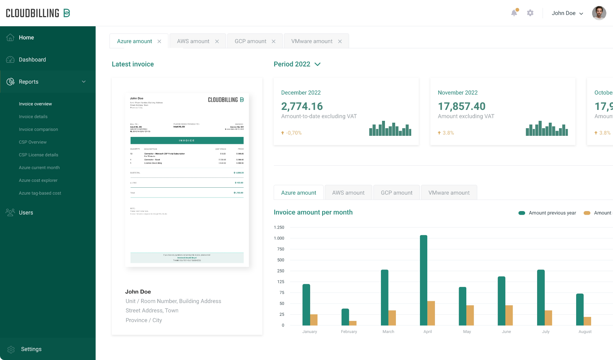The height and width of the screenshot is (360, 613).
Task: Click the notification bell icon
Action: coord(514,13)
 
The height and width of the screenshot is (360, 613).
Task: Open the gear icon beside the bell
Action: coord(530,13)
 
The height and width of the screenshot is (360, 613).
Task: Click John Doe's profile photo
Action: coord(599,13)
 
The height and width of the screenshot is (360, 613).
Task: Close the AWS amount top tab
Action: coord(217,41)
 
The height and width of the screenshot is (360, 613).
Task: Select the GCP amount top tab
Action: coord(250,41)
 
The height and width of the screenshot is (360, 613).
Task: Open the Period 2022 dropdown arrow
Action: coord(317,64)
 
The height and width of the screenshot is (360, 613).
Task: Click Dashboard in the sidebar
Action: coord(32,60)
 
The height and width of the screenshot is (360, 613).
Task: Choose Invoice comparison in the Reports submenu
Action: coord(38,129)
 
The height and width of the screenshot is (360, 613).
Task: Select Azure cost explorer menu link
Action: coord(38,180)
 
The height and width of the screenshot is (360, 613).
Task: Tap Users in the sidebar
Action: coord(26,212)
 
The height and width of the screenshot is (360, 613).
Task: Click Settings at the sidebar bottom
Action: coord(31,349)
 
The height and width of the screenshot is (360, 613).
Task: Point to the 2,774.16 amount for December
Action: coord(302,106)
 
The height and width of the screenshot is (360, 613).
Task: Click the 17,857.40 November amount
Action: coord(462,106)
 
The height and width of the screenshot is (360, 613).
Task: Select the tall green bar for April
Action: coord(423,280)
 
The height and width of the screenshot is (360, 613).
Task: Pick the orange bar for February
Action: coord(352,323)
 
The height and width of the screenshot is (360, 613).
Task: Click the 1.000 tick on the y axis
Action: coord(279,238)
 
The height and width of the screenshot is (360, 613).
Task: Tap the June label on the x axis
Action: coord(506,332)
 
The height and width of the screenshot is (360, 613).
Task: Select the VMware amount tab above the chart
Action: coord(449,193)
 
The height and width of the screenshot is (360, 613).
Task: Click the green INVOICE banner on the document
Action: coord(187,141)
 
